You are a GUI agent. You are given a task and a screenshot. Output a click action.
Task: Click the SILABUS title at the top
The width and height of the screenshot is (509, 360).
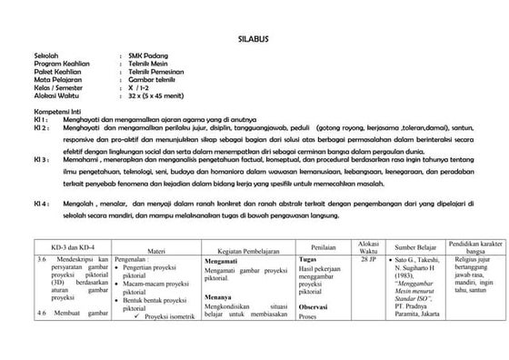click(254, 40)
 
